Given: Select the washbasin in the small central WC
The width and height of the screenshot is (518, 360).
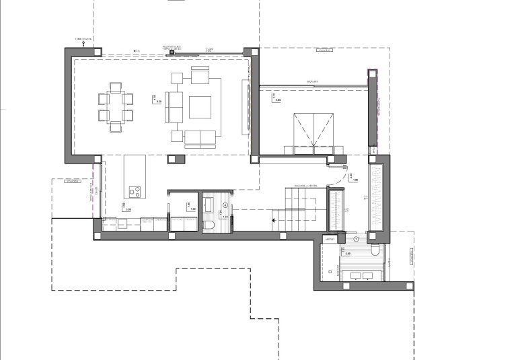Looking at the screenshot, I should (x=209, y=204).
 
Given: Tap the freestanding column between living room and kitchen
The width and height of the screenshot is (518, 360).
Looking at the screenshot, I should (x=176, y=158).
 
